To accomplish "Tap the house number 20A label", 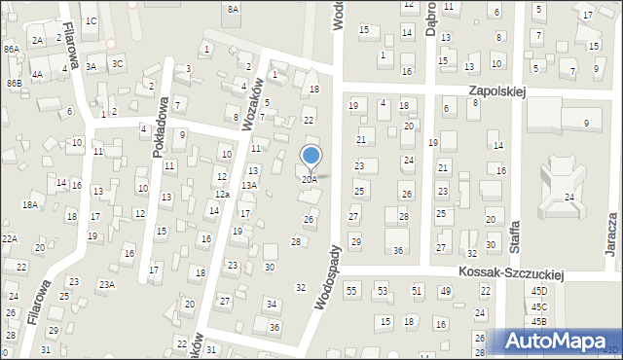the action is pyautogui.click(x=309, y=180).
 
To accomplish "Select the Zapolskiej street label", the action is pyautogui.click(x=495, y=90).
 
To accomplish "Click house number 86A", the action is pyautogui.click(x=11, y=49).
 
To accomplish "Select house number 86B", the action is pyautogui.click(x=14, y=84).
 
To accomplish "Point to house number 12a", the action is pyautogui.click(x=222, y=195).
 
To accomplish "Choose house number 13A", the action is pyautogui.click(x=249, y=185).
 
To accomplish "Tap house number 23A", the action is pyautogui.click(x=105, y=284).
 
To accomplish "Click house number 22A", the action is pyautogui.click(x=10, y=238).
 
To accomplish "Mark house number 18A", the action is pyautogui.click(x=30, y=204).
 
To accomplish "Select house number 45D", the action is pyautogui.click(x=538, y=290).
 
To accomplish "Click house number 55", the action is pyautogui.click(x=351, y=291).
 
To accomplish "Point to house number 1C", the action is pyautogui.click(x=91, y=20).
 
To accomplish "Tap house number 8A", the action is pyautogui.click(x=233, y=9).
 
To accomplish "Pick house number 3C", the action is pyautogui.click(x=118, y=63).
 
